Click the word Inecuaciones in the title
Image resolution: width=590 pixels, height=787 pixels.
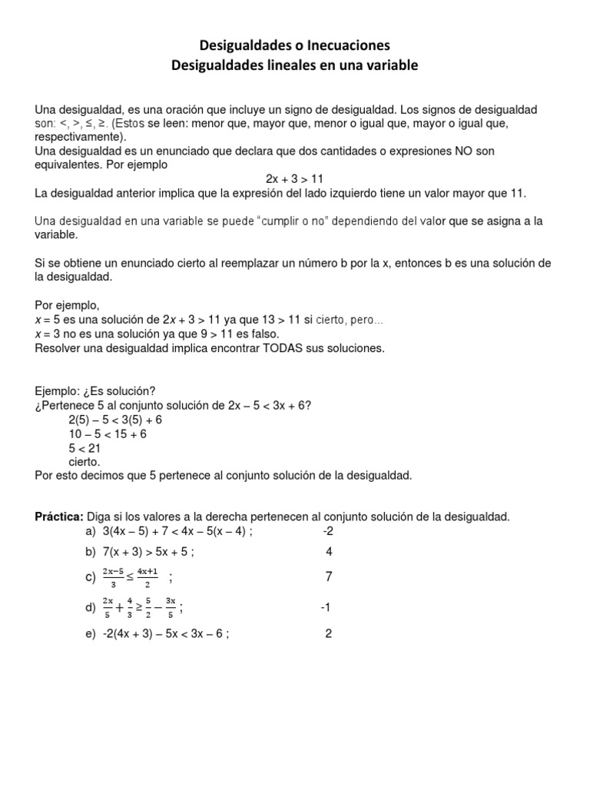coord(350,45)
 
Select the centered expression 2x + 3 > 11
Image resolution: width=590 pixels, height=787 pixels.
coord(294,178)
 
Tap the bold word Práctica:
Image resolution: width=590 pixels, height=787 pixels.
coord(60,516)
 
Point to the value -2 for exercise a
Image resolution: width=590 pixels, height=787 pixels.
coord(328,531)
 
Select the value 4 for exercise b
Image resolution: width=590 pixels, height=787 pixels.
coord(329,551)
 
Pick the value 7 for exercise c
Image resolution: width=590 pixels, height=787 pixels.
coord(329,576)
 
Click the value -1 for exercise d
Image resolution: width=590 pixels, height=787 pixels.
coord(325,608)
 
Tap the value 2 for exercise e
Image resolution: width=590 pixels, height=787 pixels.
coord(329,634)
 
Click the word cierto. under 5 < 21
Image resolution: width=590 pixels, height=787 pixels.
coord(85,462)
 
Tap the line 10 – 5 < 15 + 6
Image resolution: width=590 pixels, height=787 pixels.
coord(107,434)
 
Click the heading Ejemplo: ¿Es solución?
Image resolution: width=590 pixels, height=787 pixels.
coord(100,392)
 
